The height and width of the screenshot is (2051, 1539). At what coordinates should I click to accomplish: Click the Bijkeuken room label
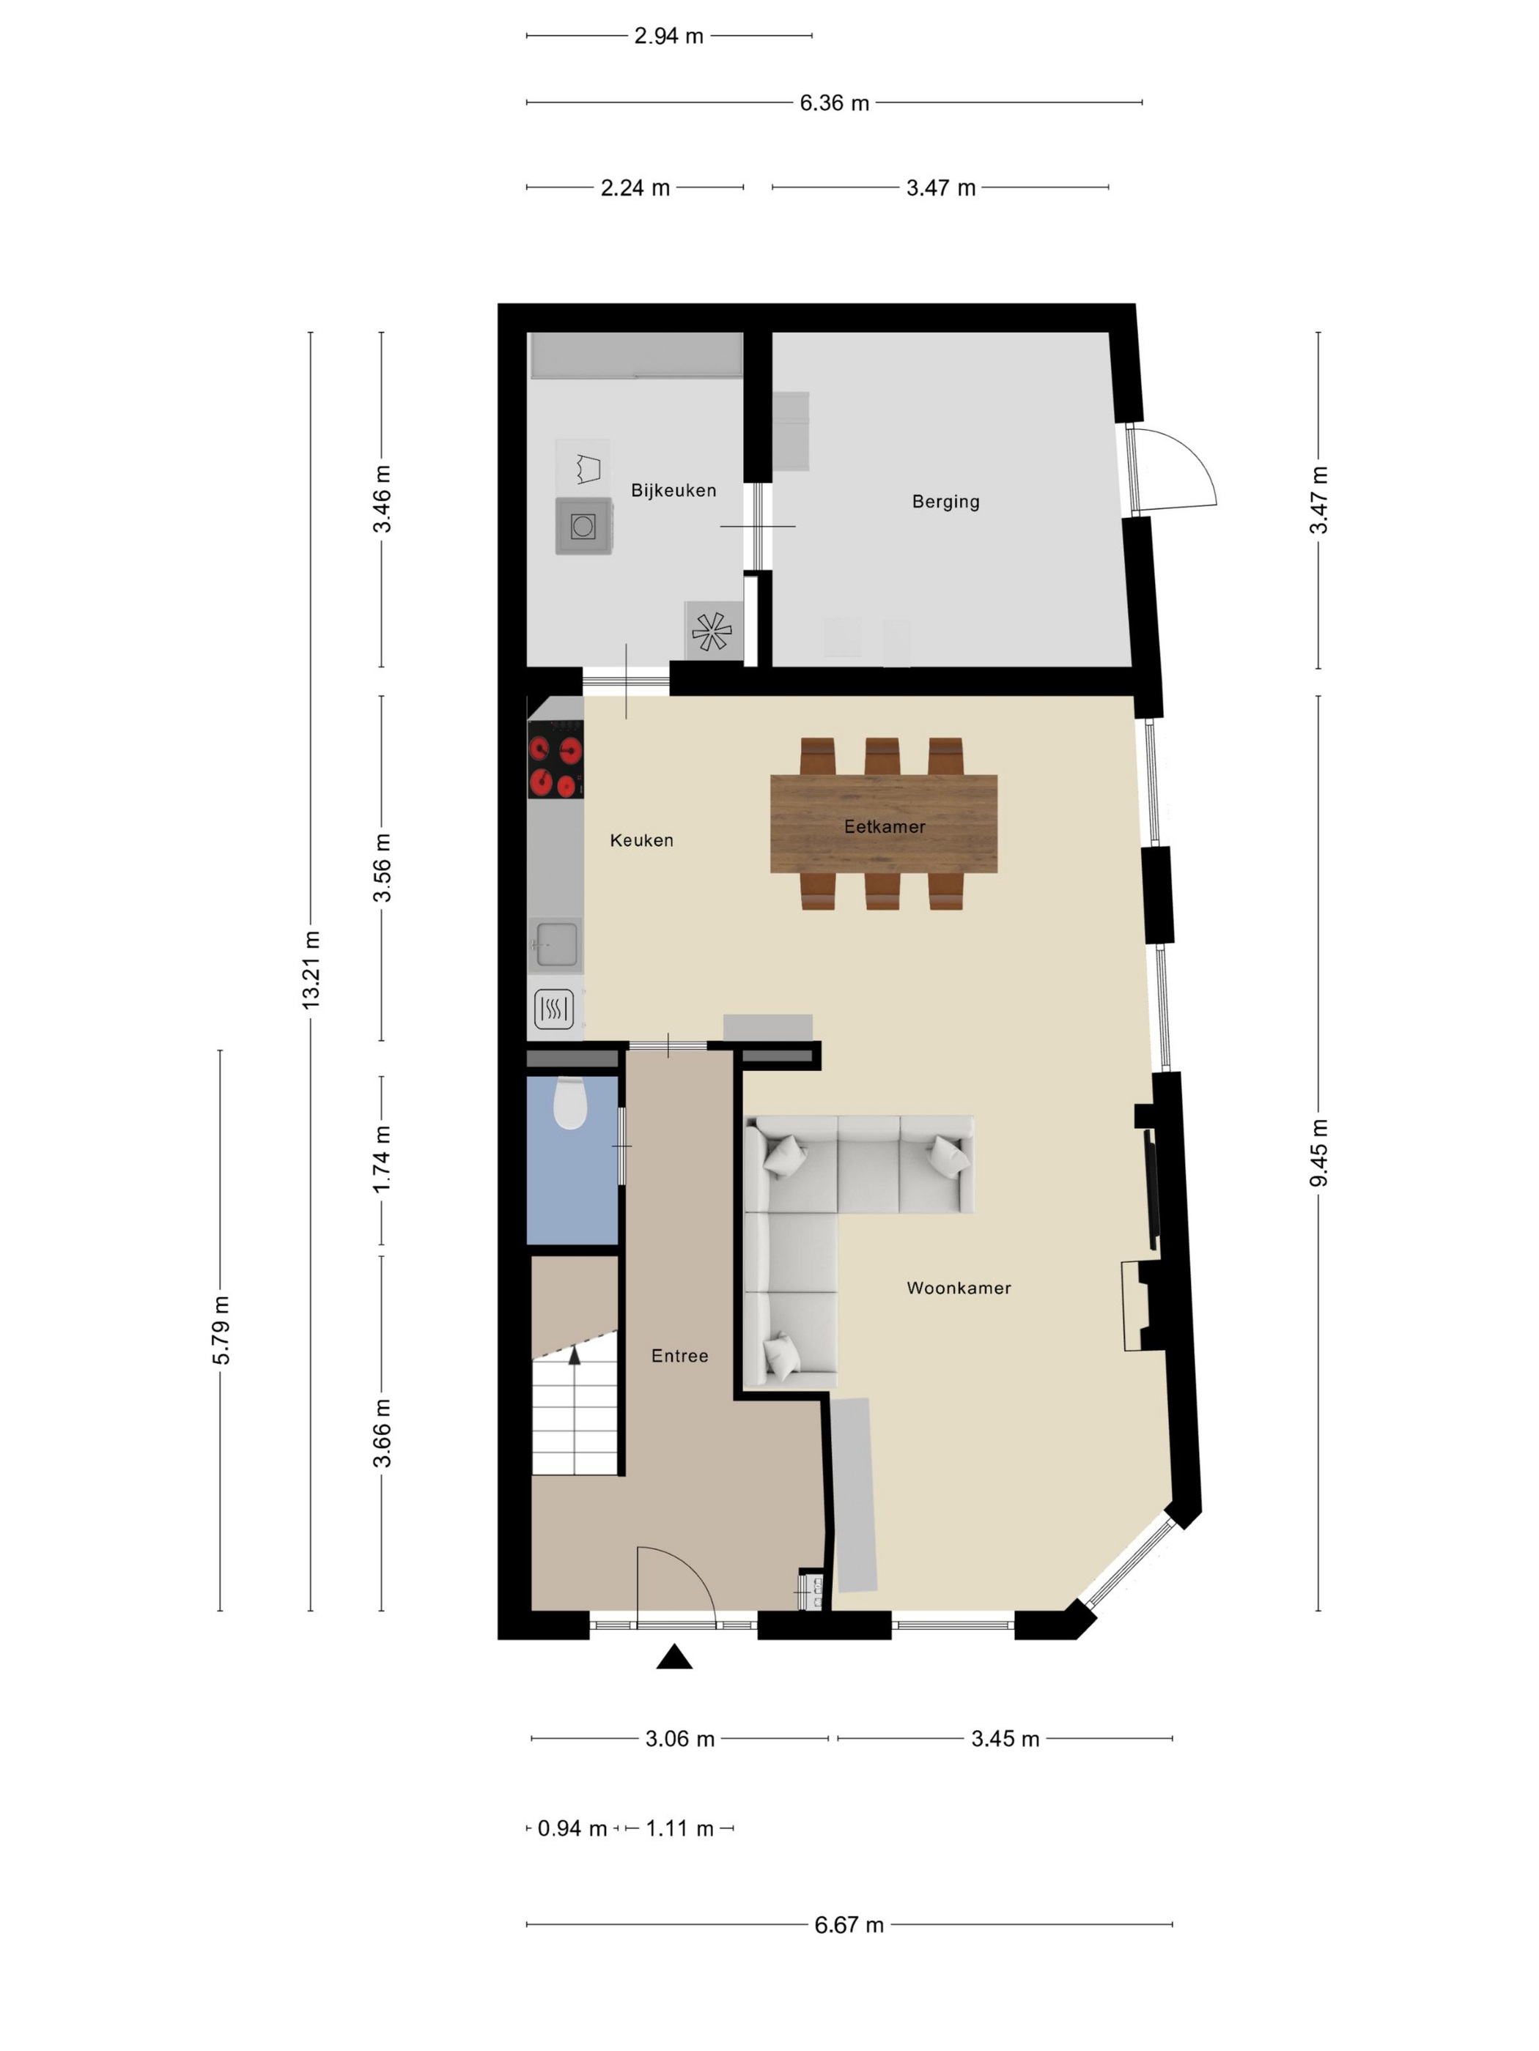pos(673,491)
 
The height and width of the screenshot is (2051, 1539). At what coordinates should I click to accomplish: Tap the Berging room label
pos(945,502)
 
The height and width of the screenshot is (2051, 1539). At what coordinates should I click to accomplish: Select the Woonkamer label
pos(959,1288)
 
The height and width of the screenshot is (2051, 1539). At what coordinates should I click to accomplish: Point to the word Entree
pos(680,1356)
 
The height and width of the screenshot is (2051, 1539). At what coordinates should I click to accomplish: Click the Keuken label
pos(642,840)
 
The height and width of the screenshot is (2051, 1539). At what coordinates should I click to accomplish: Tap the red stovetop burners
pos(556,767)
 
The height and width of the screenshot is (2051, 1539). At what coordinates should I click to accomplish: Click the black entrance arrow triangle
pos(674,1657)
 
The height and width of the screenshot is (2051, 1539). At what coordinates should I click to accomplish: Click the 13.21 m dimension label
pos(311,970)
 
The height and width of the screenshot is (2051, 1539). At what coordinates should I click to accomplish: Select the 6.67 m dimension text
pos(849,1925)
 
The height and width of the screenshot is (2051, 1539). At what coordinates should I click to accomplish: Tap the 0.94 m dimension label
pos(572,1828)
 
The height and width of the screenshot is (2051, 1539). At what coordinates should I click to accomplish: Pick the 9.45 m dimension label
pos(1319,1152)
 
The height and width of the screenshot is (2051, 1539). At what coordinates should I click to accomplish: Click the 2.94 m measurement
pos(669,36)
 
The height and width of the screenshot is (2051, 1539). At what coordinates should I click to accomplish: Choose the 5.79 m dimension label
pos(221,1330)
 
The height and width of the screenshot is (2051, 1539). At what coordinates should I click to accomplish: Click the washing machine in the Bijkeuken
pos(583,526)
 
